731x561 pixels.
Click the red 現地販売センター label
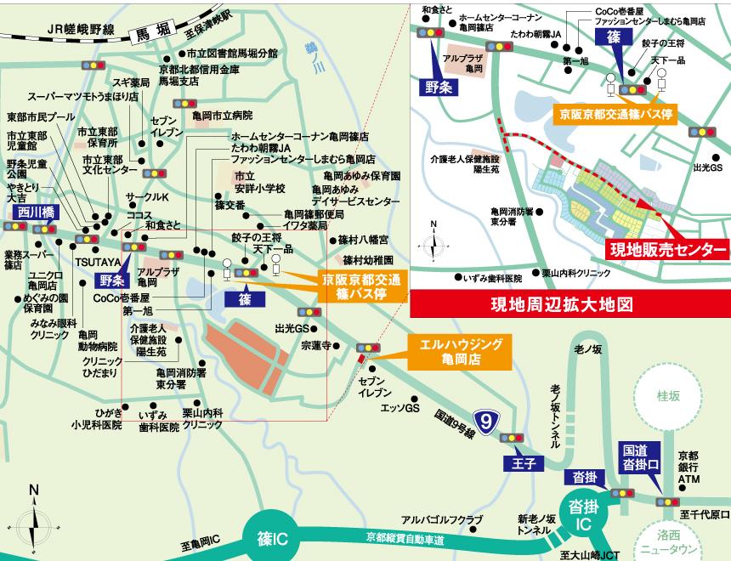click(x=667, y=249)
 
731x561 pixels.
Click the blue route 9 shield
click(x=484, y=421)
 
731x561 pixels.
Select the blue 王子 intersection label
click(x=521, y=462)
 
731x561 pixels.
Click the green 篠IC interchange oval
click(x=272, y=537)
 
